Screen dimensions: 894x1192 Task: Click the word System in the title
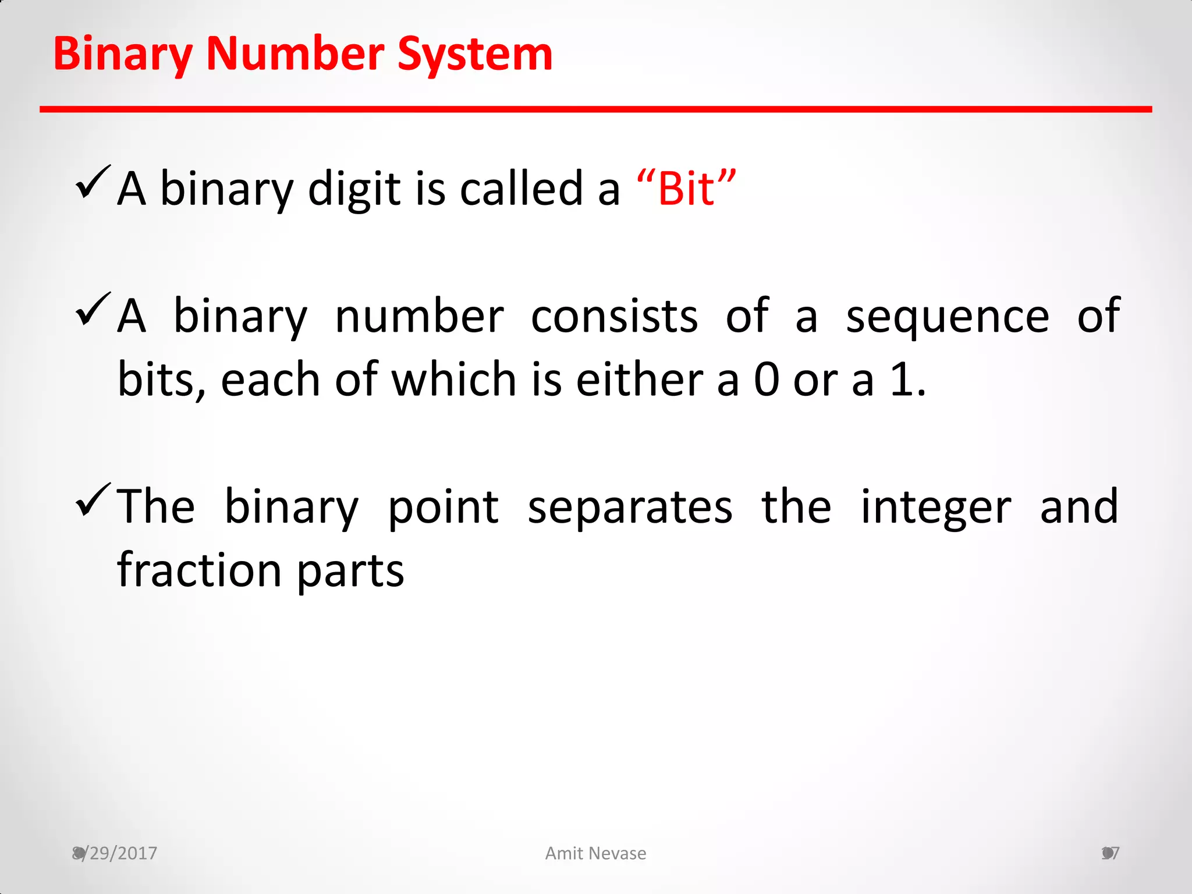[x=474, y=54]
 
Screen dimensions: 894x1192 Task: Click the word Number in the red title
[x=295, y=54]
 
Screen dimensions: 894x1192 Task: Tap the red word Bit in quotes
[x=686, y=189]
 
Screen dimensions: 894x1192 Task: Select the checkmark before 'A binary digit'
[x=92, y=182]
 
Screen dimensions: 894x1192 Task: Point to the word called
[x=521, y=189]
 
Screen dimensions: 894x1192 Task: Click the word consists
[x=614, y=317]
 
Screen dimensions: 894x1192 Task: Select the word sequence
[x=947, y=317]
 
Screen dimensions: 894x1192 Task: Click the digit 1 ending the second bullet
[x=903, y=380]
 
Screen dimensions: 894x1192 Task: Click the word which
[x=454, y=380]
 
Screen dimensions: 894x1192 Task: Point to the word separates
[x=630, y=507]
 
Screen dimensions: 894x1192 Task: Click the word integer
[x=936, y=507]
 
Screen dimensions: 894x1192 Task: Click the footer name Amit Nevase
[x=595, y=853]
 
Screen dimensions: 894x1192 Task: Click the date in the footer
[x=115, y=853]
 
